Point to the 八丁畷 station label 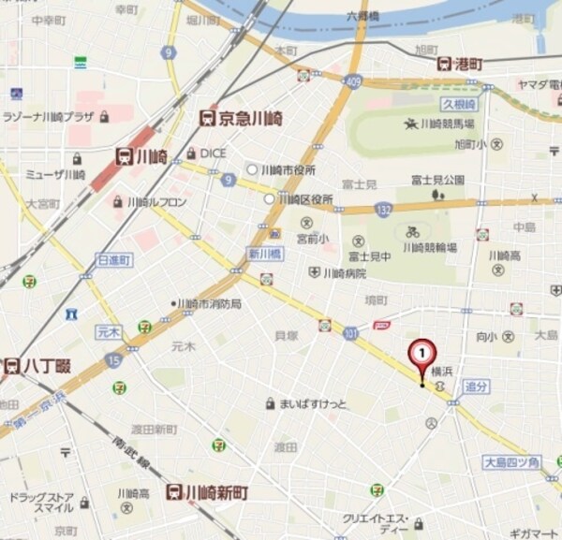37,366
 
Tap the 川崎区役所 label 305,199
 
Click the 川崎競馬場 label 446,124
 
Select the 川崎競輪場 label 430,247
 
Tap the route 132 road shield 382,210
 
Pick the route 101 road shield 349,331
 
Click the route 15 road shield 114,358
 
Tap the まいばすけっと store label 313,404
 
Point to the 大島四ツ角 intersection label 511,462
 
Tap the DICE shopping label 213,153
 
